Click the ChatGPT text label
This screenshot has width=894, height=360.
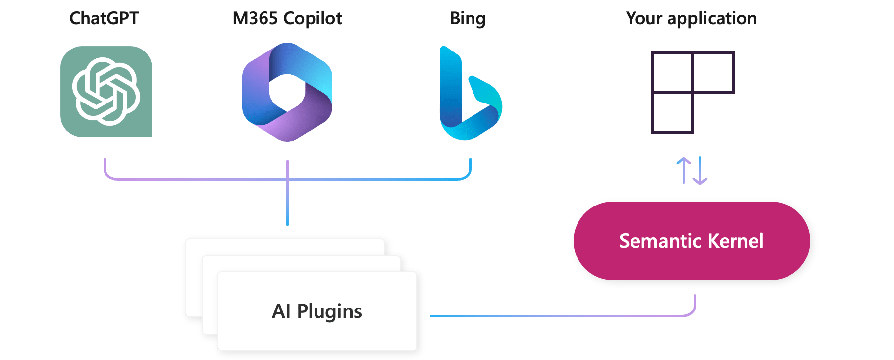(x=104, y=18)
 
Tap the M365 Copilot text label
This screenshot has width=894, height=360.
(x=287, y=18)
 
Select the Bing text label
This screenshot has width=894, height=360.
(x=468, y=19)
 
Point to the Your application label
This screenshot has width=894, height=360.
(x=691, y=18)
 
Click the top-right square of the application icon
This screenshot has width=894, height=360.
(x=713, y=72)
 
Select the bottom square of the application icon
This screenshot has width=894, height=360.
(x=673, y=113)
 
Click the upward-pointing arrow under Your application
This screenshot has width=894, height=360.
(x=684, y=170)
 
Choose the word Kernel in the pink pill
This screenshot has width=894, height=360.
(x=736, y=241)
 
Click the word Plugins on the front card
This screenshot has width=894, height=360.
(x=329, y=312)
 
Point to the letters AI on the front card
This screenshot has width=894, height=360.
(x=281, y=311)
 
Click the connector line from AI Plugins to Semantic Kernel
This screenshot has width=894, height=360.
(x=560, y=316)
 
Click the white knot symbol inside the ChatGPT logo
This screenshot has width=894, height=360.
(x=106, y=91)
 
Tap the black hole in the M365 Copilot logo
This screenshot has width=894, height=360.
(x=287, y=92)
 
